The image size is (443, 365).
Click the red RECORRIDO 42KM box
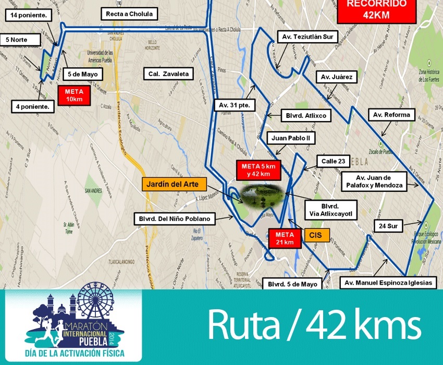376,10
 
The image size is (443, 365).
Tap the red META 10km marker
73,95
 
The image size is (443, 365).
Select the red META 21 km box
285,237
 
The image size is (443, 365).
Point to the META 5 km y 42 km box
259,169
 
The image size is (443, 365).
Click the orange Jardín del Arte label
174,184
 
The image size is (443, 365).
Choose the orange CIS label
316,235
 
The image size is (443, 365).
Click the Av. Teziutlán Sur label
307,37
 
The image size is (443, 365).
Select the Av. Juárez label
337,78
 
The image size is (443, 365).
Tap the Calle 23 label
333,161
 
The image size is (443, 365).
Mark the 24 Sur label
389,226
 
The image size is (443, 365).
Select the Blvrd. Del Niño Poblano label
174,219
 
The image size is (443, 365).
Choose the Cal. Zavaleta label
168,74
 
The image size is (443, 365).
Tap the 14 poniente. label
29,16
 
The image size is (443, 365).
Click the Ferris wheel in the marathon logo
97,305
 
